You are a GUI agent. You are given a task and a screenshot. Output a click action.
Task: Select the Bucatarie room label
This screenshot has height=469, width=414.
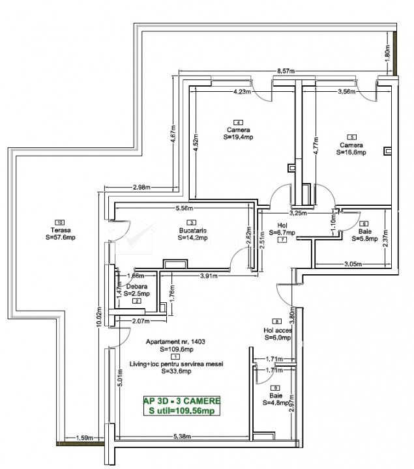(192, 230)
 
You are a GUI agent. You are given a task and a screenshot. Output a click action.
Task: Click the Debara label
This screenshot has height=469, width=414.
(138, 286)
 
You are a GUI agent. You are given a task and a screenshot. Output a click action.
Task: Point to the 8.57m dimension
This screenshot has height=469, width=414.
(288, 71)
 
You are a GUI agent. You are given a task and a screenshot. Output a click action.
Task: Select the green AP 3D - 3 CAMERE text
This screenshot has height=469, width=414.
(181, 401)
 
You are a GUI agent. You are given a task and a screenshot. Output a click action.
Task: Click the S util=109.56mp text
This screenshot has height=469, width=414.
(181, 410)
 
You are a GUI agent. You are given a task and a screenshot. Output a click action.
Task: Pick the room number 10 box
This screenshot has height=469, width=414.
(60, 221)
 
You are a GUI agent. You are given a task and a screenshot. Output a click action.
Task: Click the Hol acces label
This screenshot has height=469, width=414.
(278, 330)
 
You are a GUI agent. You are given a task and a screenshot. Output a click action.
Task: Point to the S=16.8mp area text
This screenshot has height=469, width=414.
(351, 152)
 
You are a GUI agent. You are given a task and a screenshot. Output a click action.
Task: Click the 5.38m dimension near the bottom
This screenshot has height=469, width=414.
(181, 436)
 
